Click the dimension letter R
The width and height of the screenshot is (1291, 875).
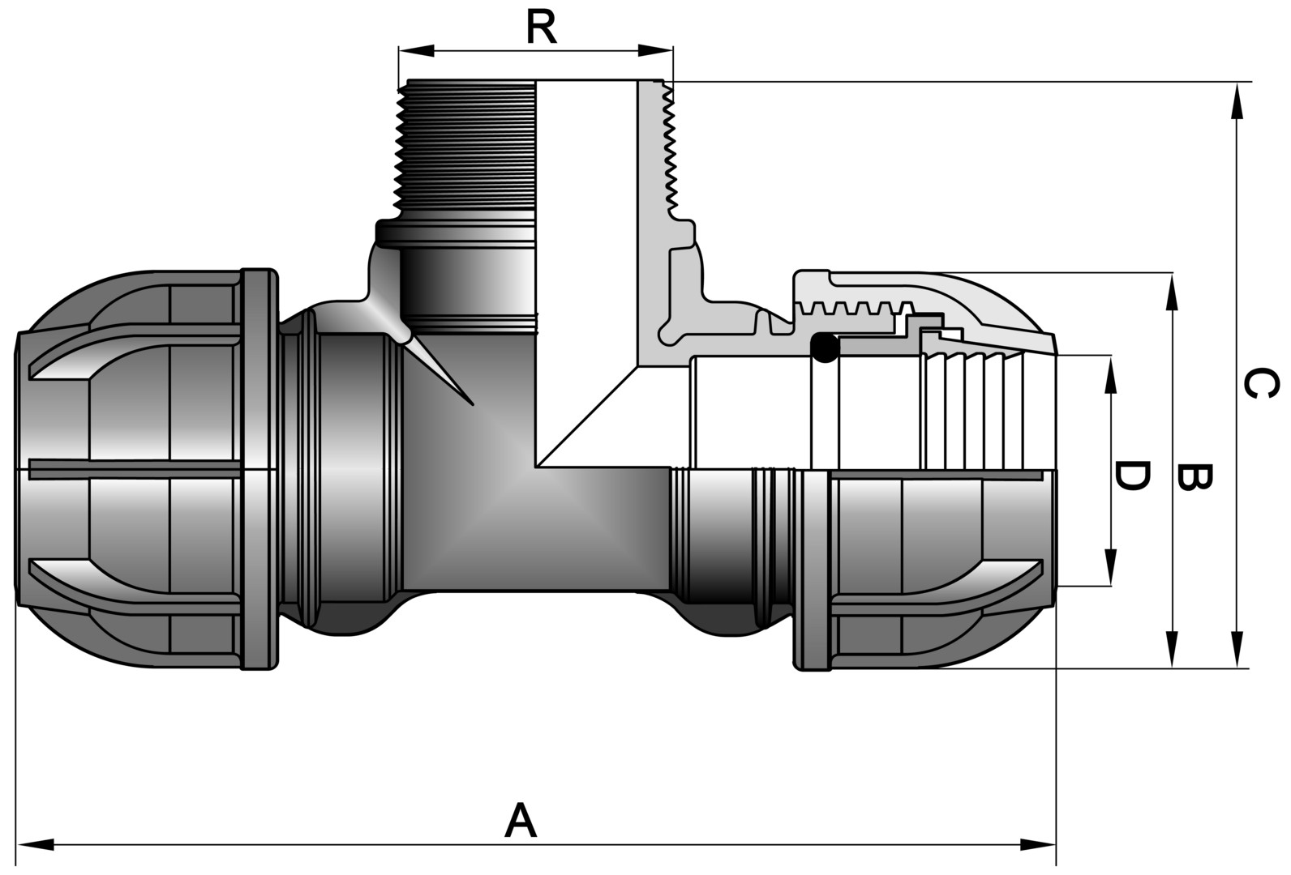pyautogui.click(x=542, y=28)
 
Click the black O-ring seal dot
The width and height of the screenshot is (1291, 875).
pyautogui.click(x=825, y=348)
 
